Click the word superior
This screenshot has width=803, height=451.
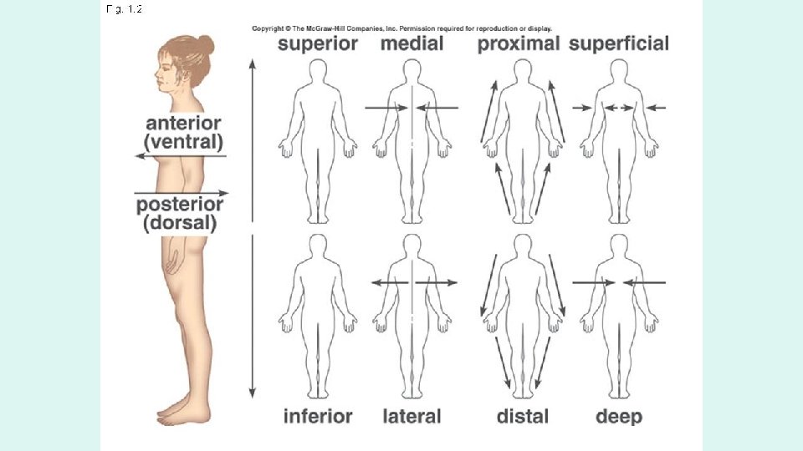tap(318, 44)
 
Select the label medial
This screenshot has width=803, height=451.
tap(412, 44)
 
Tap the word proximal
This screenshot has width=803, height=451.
tap(518, 44)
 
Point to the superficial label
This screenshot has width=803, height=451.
tap(619, 44)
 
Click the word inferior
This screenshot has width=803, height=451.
tap(318, 415)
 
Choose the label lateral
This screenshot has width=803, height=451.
tap(412, 415)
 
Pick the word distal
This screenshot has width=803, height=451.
tap(523, 415)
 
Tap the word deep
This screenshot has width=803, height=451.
tap(619, 415)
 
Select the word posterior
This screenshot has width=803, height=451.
tap(181, 205)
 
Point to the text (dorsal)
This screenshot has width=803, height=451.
tap(181, 223)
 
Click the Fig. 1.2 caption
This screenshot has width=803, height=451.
tap(125, 10)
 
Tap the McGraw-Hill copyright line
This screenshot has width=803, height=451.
tap(401, 28)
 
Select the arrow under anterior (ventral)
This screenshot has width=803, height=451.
tap(181, 156)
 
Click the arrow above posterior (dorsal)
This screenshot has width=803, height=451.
tap(181, 192)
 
